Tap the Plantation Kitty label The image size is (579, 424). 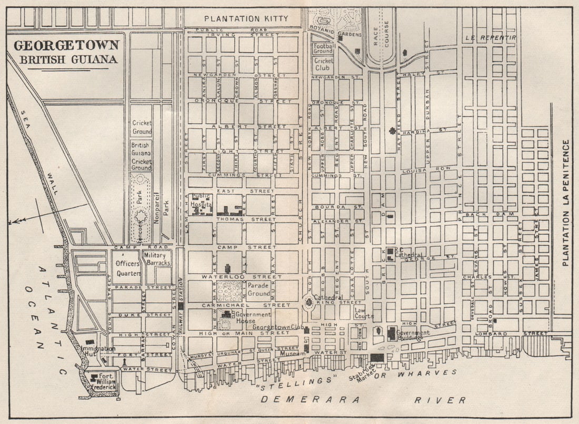point(246,19)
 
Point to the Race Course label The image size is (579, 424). point(380,33)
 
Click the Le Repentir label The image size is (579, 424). point(491,38)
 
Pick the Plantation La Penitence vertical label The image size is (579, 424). point(566,203)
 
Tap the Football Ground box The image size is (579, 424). point(323,48)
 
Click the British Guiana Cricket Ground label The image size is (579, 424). point(141,156)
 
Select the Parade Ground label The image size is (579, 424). point(259,289)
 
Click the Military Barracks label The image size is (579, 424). point(157,259)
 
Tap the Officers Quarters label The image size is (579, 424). point(127,268)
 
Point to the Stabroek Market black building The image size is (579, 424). point(377,358)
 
